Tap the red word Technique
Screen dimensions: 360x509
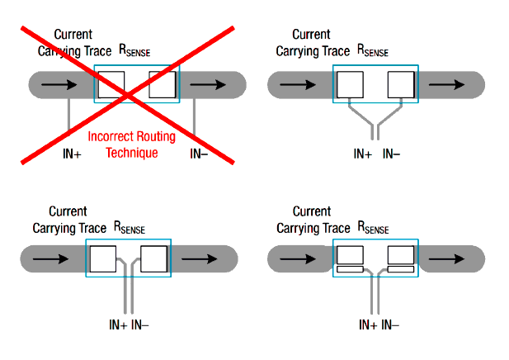(131, 153)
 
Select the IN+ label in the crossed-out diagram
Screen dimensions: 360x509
(72, 154)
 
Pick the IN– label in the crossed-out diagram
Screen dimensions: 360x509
(199, 154)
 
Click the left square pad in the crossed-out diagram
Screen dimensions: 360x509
(111, 84)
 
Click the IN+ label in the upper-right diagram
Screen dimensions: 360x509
(363, 154)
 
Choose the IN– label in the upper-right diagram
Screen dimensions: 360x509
(392, 154)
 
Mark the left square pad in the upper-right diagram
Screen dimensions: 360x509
(351, 85)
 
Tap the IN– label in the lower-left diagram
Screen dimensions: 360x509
(139, 324)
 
